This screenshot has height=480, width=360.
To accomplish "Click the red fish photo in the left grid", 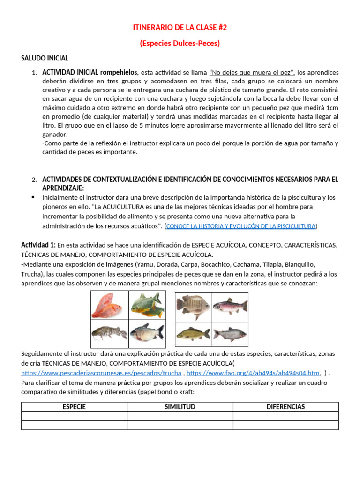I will coord(109,305).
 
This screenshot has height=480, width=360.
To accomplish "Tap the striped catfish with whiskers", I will coord(109,333).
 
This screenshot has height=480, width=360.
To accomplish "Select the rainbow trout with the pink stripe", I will coord(230,305).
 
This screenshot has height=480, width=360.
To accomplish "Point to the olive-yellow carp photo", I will coord(193,333).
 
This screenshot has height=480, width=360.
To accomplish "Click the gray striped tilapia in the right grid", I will coord(193,305).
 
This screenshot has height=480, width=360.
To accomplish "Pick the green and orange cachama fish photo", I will coord(146,305).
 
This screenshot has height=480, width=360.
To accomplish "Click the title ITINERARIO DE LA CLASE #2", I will coord(180,28).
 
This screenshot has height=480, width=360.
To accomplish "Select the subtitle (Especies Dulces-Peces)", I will coord(180,43).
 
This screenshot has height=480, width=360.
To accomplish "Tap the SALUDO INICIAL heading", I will coord(45,58).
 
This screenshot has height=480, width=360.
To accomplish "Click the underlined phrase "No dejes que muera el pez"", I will coord(252,72).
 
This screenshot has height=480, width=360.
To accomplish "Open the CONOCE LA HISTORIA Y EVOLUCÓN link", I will coord(241,226).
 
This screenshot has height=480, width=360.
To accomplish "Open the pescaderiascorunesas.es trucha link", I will coord(101,373).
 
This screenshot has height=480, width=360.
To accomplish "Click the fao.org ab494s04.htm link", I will coord(253,373).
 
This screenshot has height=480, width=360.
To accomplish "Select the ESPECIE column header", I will coord(74,406).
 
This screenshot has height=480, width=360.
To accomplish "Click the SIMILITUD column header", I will coord(180,406).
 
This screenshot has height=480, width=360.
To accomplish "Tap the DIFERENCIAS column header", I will coord(285,406).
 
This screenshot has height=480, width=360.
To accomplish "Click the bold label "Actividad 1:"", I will coord(38,245).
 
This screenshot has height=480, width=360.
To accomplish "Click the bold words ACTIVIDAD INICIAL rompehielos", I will coord(90,72).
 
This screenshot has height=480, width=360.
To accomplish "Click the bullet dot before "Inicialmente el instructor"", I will coord(33,197).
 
